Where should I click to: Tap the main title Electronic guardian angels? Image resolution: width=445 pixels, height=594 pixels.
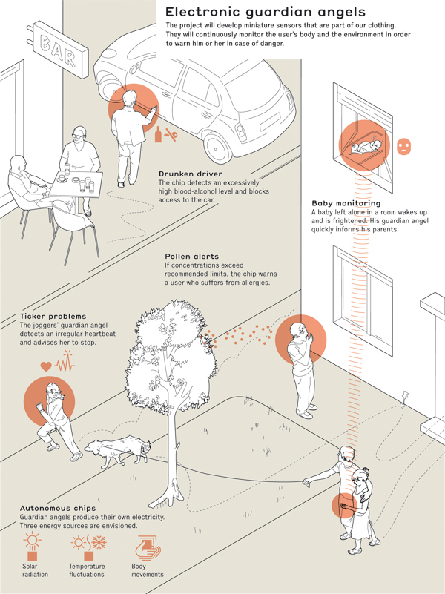click(x=265, y=12)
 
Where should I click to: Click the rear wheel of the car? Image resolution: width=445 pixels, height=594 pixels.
click(x=217, y=147)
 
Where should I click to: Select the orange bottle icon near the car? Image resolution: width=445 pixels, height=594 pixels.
click(x=158, y=134)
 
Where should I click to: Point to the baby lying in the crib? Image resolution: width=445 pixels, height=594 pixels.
click(x=366, y=147)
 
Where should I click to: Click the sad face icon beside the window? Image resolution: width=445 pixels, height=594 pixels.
click(x=403, y=146)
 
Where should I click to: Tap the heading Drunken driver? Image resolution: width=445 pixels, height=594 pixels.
click(x=191, y=174)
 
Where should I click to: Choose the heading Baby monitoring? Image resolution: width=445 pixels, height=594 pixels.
click(x=346, y=203)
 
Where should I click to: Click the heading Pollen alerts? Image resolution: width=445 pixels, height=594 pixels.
click(x=191, y=257)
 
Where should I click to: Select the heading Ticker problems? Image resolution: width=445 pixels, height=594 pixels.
click(x=53, y=317)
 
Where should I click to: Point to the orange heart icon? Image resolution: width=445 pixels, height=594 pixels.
click(x=46, y=366)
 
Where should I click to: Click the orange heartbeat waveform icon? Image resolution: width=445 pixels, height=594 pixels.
click(x=65, y=361)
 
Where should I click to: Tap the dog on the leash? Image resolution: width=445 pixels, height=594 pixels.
click(x=117, y=451)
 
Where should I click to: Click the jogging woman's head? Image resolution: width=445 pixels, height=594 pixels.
click(x=53, y=390)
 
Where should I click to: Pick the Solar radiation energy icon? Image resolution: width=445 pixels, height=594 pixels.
click(x=32, y=547)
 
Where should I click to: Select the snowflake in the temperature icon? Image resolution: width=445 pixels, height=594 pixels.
click(x=99, y=542)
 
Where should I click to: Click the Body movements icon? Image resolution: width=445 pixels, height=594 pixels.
click(x=148, y=547)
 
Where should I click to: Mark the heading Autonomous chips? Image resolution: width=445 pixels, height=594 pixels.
click(x=58, y=509)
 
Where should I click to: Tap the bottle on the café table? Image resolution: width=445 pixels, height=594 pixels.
click(x=67, y=168)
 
